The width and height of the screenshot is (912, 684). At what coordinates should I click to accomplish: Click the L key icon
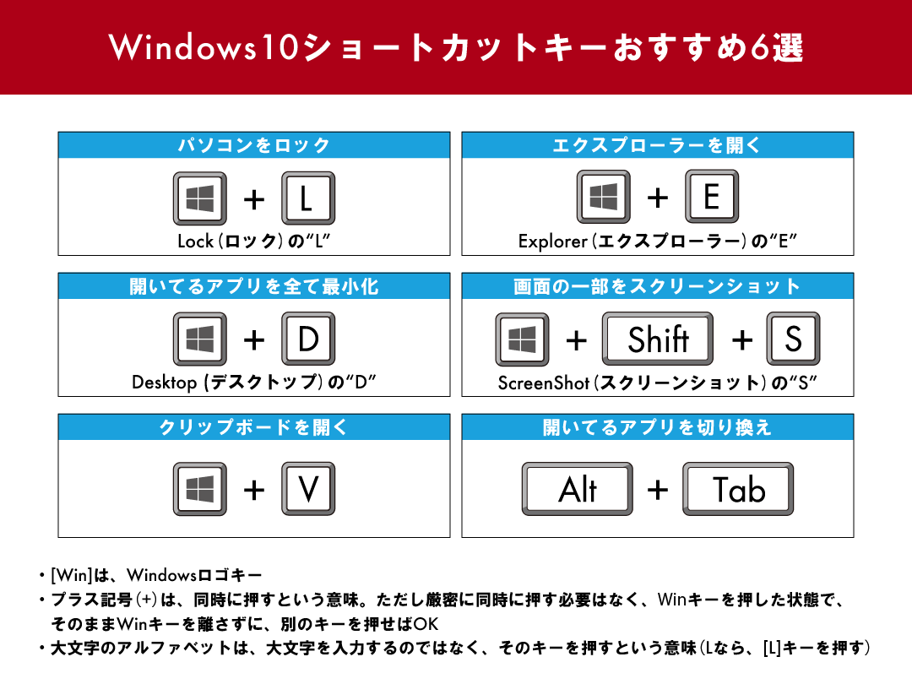coord(307,198)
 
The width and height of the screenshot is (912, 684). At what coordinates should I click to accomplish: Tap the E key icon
coord(711,197)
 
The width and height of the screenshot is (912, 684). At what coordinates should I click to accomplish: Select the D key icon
coord(307,339)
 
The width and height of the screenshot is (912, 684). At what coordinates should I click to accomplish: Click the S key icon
coord(792,339)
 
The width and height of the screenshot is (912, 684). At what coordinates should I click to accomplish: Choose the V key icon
coord(307,489)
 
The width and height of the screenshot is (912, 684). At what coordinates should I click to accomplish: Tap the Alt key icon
coord(578,489)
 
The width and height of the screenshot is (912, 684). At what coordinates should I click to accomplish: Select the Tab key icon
coord(737,489)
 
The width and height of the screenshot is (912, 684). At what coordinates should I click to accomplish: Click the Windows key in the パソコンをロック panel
coord(199,198)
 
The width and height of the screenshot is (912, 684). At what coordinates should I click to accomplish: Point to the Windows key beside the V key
coord(199,489)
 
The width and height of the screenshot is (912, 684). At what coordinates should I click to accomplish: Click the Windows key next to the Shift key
coord(522,339)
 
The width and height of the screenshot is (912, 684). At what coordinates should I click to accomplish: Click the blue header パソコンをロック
coord(253,145)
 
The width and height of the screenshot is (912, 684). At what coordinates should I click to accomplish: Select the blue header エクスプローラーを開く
coord(657,145)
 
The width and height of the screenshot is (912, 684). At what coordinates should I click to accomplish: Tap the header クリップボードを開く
coord(253,427)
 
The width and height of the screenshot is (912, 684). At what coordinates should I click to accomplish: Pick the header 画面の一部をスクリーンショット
coord(657,286)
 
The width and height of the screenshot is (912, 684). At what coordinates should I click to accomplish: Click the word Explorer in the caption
coord(552,242)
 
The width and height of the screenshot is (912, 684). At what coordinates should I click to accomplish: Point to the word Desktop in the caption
coord(164,383)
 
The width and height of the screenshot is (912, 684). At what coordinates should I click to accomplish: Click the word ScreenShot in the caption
coord(543,383)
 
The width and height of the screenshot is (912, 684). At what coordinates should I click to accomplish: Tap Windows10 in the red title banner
coord(204,48)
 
